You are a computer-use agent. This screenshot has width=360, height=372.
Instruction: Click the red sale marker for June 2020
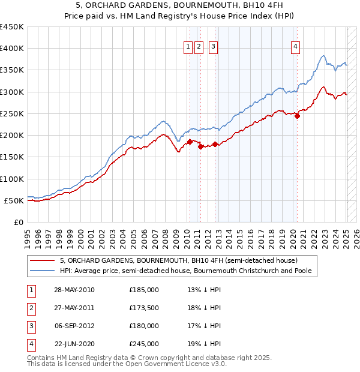[x=297, y=116]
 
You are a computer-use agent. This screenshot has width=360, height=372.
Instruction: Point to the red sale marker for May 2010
[x=190, y=142]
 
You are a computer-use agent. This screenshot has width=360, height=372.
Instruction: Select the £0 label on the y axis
[x=18, y=222]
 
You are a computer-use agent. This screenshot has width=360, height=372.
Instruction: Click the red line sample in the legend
[x=43, y=260]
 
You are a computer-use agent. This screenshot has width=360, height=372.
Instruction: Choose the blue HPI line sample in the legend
[x=43, y=271]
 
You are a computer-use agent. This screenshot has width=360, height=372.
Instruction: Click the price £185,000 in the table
[x=144, y=290]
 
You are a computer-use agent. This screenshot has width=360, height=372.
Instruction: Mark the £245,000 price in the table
[x=144, y=344]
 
